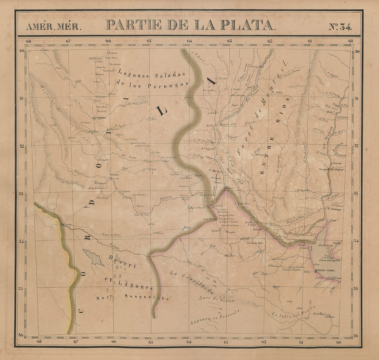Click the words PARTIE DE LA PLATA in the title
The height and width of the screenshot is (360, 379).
(190, 25)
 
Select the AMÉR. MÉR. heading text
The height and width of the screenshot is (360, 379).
(54, 27)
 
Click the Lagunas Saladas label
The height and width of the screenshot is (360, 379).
(152, 74)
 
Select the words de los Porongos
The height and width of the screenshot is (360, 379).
(152, 84)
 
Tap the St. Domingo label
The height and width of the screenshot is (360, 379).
(334, 209)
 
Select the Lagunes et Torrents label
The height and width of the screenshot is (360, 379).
(215, 317)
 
